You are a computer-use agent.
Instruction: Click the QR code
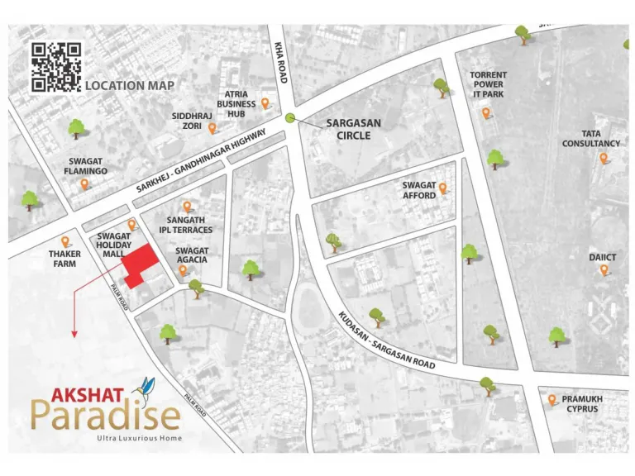[55, 66]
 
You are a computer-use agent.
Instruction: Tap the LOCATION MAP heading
[130, 85]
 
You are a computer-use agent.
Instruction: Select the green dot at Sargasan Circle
[290, 118]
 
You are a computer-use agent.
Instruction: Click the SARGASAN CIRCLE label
[353, 129]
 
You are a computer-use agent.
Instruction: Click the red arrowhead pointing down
[74, 334]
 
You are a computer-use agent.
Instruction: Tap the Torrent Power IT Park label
[488, 85]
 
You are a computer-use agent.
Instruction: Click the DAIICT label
[603, 257]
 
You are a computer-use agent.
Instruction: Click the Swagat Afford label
[419, 191]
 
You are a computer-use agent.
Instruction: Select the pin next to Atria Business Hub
[265, 103]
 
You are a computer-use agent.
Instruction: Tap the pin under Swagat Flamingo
[84, 183]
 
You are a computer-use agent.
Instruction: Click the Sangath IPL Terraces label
[186, 225]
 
